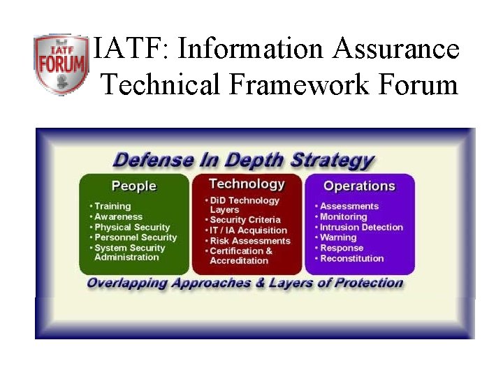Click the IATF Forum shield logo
[61, 64]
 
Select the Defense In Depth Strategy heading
[244, 159]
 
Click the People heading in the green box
[134, 186]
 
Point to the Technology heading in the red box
[247, 184]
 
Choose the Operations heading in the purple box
[359, 186]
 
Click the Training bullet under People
[112, 206]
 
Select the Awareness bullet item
[118, 216]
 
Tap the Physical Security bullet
[132, 227]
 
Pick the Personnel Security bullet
[136, 237]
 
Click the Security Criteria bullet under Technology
[245, 220]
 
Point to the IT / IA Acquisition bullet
[249, 230]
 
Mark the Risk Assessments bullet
[250, 241]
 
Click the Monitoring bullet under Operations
[343, 216]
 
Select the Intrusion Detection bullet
[361, 227]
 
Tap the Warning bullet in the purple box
[338, 237]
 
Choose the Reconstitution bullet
[352, 258]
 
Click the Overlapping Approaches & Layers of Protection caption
[245, 283]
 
